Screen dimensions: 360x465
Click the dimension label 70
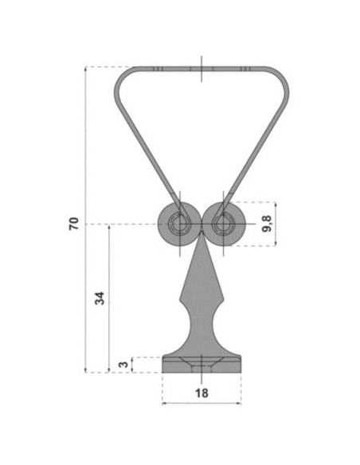(x=74, y=224)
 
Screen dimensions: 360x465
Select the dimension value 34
(x=100, y=299)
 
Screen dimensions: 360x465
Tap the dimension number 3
(x=123, y=364)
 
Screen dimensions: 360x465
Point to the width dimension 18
(x=202, y=393)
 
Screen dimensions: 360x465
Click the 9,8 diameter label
(x=267, y=224)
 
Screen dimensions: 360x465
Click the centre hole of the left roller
(x=179, y=225)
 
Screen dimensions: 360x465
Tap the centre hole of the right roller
(x=224, y=225)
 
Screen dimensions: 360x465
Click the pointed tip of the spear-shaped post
(x=202, y=232)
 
